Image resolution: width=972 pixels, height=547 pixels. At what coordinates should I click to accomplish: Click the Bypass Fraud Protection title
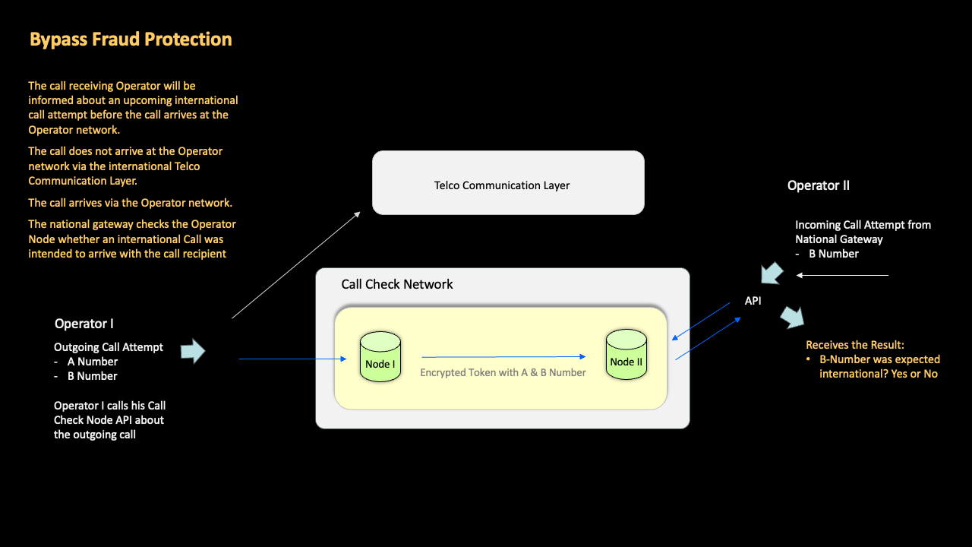coord(131,40)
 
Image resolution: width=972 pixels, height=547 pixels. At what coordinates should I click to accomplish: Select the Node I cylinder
coord(380,356)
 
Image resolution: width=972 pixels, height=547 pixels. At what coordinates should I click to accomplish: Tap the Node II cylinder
coord(626,354)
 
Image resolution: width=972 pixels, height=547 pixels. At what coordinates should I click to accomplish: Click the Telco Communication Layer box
coord(508,183)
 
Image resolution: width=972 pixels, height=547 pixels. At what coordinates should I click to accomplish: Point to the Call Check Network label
coord(396,284)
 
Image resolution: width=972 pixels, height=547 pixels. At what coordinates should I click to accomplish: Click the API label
coord(753,301)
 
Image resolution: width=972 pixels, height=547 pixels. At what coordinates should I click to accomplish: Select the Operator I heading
coord(84,324)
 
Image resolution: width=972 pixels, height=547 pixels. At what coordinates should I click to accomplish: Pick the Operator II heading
coord(818,185)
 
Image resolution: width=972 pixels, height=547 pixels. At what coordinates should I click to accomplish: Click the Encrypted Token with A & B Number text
coord(503,372)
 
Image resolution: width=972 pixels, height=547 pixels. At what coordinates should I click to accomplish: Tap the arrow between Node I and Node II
coord(503,356)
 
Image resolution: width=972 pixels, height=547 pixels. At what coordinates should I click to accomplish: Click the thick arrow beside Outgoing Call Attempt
coord(193,350)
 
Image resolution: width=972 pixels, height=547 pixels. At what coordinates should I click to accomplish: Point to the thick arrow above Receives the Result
coord(794,317)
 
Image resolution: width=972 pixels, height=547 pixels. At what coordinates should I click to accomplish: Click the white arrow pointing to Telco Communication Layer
coord(296,264)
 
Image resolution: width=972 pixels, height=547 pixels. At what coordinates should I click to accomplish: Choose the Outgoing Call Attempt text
coord(108,347)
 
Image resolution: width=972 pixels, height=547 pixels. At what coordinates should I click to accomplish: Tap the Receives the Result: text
coord(855,345)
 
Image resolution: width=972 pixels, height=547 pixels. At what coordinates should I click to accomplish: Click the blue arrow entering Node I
coord(292,359)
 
